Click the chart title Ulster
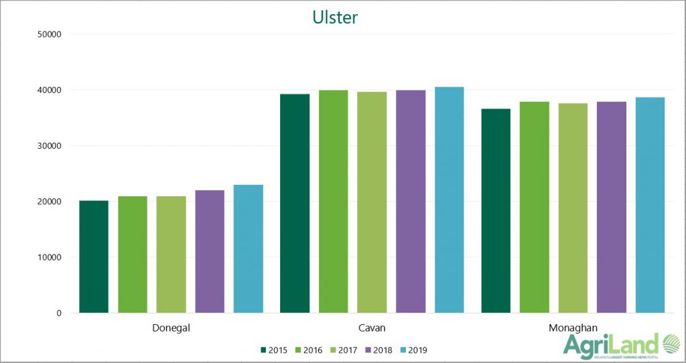pos(335,17)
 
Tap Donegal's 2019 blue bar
pos(249,248)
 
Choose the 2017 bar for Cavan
pos(372,202)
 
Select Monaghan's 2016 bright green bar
pos(534,207)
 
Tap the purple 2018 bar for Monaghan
pos(612,207)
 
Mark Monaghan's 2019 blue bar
pos(650,205)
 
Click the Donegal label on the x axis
pos(171,328)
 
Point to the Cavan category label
pos(372,328)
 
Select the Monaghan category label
pos(573,328)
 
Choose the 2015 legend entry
pos(274,350)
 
